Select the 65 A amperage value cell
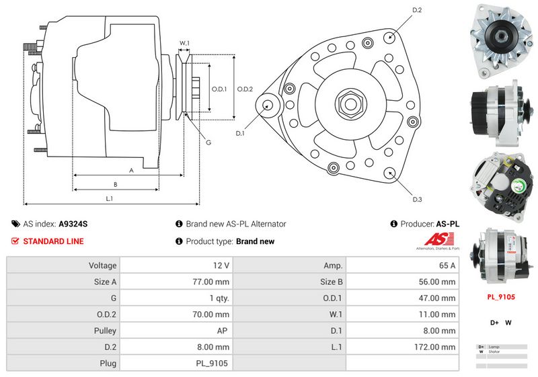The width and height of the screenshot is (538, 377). tap(447, 265)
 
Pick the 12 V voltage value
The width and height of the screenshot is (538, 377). tap(221, 265)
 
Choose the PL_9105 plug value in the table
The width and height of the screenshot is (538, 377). tap(212, 364)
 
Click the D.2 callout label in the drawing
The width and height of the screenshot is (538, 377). tap(417, 10)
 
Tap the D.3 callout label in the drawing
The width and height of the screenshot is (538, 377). tap(417, 199)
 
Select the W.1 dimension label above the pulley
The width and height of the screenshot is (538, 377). tap(184, 43)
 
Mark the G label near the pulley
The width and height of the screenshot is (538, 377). tap(208, 142)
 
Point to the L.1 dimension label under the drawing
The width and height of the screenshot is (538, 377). tap(109, 198)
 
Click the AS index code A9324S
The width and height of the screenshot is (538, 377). tap(73, 224)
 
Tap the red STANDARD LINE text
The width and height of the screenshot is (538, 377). tap(54, 241)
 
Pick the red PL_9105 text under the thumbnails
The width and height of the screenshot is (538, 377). tap(500, 296)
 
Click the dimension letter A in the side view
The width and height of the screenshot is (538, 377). tap(131, 171)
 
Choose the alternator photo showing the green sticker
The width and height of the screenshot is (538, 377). tap(499, 179)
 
